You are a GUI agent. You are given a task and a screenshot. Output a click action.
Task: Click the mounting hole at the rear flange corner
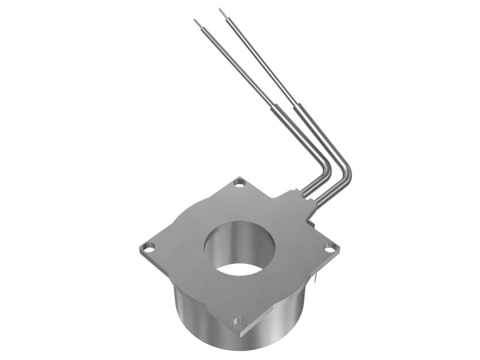tap(240, 181)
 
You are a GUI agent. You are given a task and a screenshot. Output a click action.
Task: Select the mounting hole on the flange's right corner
tap(329, 246)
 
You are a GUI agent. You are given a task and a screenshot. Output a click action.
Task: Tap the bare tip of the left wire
tap(196, 22)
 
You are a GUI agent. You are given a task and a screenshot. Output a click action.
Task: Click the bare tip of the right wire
tap(221, 10)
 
